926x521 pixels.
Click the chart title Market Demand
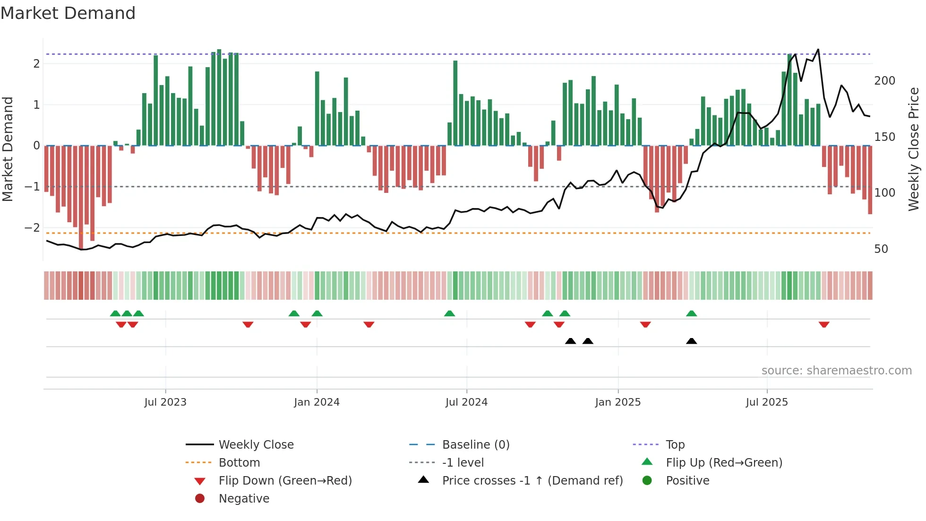(68, 13)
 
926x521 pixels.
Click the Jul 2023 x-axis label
(165, 402)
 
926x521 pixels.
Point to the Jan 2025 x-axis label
(617, 402)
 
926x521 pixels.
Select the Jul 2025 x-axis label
(767, 402)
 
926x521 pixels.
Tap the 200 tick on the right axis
(884, 81)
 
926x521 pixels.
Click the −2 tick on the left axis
(32, 227)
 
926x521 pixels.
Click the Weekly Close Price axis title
(914, 149)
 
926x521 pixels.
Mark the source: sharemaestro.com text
(836, 370)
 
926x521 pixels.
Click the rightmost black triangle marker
(691, 341)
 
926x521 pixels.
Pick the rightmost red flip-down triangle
(824, 324)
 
